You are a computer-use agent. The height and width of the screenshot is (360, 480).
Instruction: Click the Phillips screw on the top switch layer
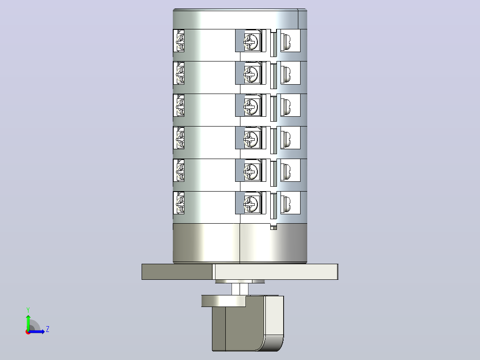(x=251, y=41)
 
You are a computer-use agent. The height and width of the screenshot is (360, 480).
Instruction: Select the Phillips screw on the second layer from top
(x=251, y=74)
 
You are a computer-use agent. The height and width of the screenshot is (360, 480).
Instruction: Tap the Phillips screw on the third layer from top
(x=251, y=106)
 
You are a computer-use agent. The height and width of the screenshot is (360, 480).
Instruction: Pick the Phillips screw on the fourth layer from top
(x=251, y=139)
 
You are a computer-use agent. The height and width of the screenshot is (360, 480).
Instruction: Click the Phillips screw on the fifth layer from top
(x=251, y=171)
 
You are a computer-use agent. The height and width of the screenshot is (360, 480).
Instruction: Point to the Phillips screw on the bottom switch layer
(x=251, y=204)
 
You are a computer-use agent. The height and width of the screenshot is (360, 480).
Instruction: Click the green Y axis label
(x=28, y=310)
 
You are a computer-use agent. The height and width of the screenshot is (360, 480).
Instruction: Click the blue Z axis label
(x=48, y=329)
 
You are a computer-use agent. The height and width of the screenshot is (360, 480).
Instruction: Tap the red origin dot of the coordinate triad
(x=28, y=332)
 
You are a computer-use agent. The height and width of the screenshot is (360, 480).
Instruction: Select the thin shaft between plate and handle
(x=240, y=289)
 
